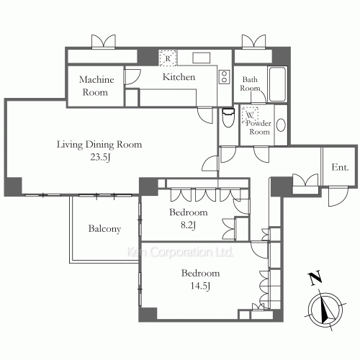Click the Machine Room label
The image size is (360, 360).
tap(96, 86)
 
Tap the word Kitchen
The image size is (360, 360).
tap(179, 77)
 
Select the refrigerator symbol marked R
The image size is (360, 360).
tap(168, 58)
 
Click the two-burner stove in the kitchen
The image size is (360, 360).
tap(224, 77)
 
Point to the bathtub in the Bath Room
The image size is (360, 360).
tap(277, 84)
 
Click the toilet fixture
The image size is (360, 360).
tap(228, 117)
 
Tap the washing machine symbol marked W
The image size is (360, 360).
tap(250, 114)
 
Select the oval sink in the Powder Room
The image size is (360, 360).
tap(281, 125)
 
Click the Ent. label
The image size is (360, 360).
tap(340, 167)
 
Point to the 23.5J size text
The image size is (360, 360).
tap(100, 157)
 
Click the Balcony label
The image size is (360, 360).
tap(104, 229)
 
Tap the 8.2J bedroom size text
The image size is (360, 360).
tap(188, 225)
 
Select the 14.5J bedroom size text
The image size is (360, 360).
tap(200, 286)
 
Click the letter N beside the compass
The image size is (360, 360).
tap(315, 278)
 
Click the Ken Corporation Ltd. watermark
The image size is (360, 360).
tap(180, 252)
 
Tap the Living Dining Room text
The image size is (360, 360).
tap(99, 145)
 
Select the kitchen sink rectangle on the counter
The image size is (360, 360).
tap(202, 58)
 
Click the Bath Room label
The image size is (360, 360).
tap(250, 84)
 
